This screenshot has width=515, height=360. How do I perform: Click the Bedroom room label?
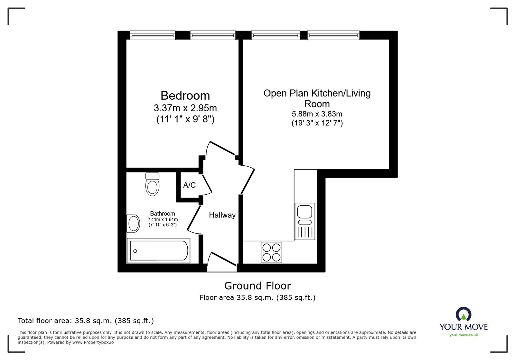pos(185,96)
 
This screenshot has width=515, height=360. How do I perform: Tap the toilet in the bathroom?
pos(152,184)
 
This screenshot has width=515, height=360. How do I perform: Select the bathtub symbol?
pos(158,250)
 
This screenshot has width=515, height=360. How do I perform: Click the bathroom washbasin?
pos(133,224)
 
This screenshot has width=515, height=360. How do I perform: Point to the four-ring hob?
pos(271,252)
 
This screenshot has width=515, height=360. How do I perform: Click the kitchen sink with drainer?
pos(305,221)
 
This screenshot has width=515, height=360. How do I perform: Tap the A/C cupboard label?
pos(190,185)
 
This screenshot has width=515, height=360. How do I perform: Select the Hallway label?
pos(222,215)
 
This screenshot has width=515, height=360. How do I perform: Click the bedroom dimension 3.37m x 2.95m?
pos(185,108)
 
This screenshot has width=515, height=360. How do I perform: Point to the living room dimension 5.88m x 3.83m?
pos(317,114)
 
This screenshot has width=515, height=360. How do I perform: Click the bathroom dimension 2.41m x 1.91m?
pos(163,219)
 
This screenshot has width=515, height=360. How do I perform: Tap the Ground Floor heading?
pos(257,286)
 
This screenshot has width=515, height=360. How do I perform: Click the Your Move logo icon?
pos(464,314)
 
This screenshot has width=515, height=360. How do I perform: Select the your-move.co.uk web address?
pos(464,335)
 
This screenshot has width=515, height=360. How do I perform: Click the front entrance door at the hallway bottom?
pos(222,262)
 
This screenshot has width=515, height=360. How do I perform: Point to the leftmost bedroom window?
pos(153,35)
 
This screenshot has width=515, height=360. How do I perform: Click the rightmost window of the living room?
pos(333,35)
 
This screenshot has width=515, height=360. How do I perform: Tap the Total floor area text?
pos(86,321)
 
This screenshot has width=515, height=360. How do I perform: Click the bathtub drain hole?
pos(136,251)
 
